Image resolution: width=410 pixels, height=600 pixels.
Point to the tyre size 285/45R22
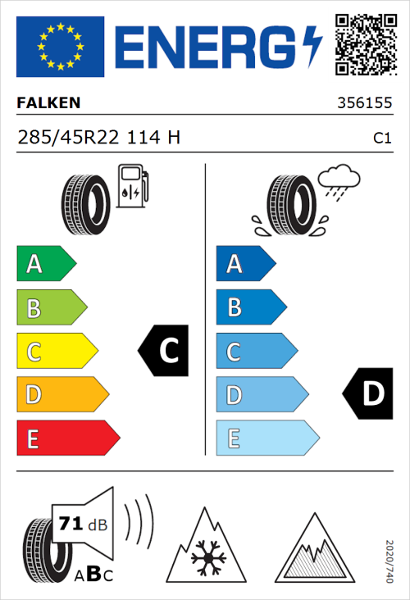(71, 138)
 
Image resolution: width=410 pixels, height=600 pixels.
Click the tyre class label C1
(381, 139)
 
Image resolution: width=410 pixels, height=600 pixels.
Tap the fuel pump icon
(131, 185)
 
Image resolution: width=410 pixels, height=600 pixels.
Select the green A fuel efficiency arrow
(45, 264)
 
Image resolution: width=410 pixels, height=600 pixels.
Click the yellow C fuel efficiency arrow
(56, 352)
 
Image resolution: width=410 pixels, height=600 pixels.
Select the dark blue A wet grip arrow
(244, 264)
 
